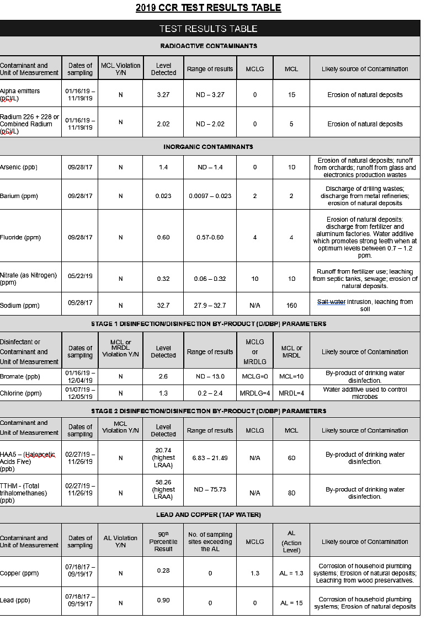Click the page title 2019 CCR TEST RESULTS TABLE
pos(209,8)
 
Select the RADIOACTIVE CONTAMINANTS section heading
pos(209,46)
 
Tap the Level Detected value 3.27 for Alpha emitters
pos(163,95)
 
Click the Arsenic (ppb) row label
pos(19,167)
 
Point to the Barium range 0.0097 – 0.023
pos(210,196)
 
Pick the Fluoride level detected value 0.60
pos(163,238)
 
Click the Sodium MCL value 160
pos(291,305)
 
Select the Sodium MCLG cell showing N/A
pos(255,305)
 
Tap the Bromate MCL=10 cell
pos(291,376)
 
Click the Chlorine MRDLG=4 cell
pos(255,393)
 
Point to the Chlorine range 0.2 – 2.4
pos(210,393)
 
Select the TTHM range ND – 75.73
pos(210,489)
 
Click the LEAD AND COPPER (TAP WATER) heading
pos(209,515)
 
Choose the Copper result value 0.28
pos(163,570)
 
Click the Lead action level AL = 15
pos(291,603)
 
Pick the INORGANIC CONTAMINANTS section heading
pos(209,147)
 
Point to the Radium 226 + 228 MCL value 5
pos(291,124)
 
